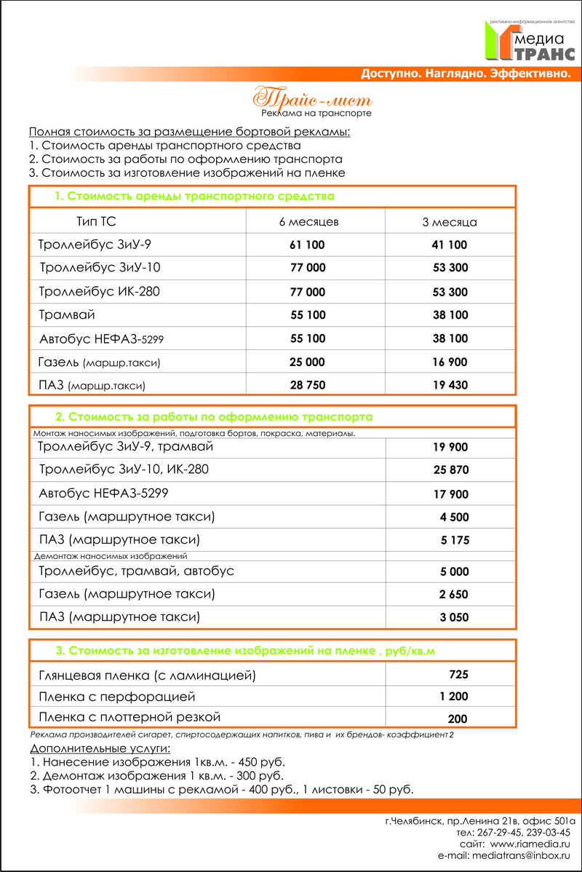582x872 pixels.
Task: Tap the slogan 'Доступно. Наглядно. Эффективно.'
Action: coord(465,74)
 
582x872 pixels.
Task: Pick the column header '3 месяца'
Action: coord(450,221)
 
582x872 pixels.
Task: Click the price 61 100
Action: coord(308,245)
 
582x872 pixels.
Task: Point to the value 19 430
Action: coord(450,385)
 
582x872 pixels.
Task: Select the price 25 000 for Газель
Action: coord(308,362)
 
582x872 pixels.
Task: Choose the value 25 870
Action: coord(451,470)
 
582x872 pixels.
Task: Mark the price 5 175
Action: coord(455,540)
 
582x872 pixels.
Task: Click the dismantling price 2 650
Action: coord(454,595)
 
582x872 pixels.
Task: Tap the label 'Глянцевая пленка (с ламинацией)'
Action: coord(148,675)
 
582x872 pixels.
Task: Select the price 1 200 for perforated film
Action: coord(454,697)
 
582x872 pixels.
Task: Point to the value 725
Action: coord(458,673)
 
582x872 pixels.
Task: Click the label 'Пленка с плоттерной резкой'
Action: coord(129,717)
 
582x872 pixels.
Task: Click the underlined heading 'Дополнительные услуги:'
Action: coord(100,748)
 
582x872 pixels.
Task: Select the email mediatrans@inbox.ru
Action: coord(522,856)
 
